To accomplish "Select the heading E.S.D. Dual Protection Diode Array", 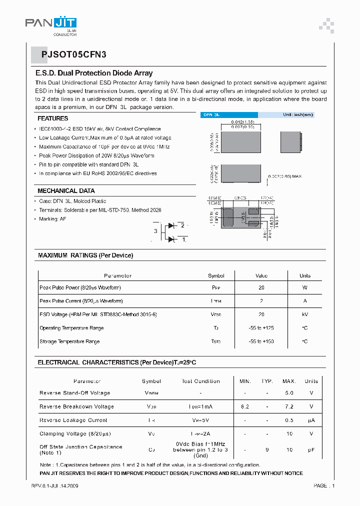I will coord(94,73).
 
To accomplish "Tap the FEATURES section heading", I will coord(53,118).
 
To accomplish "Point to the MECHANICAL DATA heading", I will coord(66,190).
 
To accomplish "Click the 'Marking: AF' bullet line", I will coord(52,219).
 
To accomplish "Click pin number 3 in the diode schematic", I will coord(156,231).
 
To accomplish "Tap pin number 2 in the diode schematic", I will coord(183,226).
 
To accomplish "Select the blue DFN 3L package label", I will coord(211,114).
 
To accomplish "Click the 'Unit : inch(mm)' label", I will coord(297,114).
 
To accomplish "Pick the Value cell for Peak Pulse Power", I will coord(261,287).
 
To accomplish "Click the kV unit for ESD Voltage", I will coord(304,314).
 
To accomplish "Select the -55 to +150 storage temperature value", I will coord(261,341).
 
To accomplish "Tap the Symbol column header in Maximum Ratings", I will coord(216,275).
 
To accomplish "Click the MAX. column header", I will coord(289,381).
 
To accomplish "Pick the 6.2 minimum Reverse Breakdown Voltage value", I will coord(245,406).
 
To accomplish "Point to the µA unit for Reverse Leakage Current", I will coord(311,420).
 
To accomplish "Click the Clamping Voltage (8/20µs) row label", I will coord(75,433).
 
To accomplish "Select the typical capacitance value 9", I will coord(267,450).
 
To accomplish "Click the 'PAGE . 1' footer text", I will coord(324,485).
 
